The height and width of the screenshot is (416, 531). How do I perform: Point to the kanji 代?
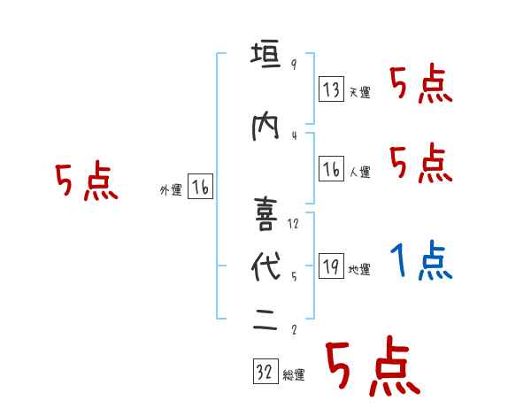[x=264, y=268]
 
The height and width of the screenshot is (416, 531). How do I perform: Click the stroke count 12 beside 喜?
[x=293, y=223]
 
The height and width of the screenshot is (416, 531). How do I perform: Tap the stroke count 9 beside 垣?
[x=293, y=65]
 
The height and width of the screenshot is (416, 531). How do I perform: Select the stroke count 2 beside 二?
[x=293, y=329]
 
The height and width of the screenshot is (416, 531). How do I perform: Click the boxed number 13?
[x=331, y=89]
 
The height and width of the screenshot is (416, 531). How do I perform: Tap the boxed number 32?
[x=265, y=373]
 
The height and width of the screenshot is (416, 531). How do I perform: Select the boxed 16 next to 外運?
[x=201, y=187]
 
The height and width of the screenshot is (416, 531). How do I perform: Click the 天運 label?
[x=359, y=92]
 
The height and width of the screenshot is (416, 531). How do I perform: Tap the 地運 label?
[x=359, y=270]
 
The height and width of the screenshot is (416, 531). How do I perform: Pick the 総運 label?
[x=294, y=375]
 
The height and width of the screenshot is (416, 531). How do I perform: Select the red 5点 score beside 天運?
[x=420, y=86]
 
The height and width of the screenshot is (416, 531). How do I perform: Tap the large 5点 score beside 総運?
[x=371, y=368]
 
